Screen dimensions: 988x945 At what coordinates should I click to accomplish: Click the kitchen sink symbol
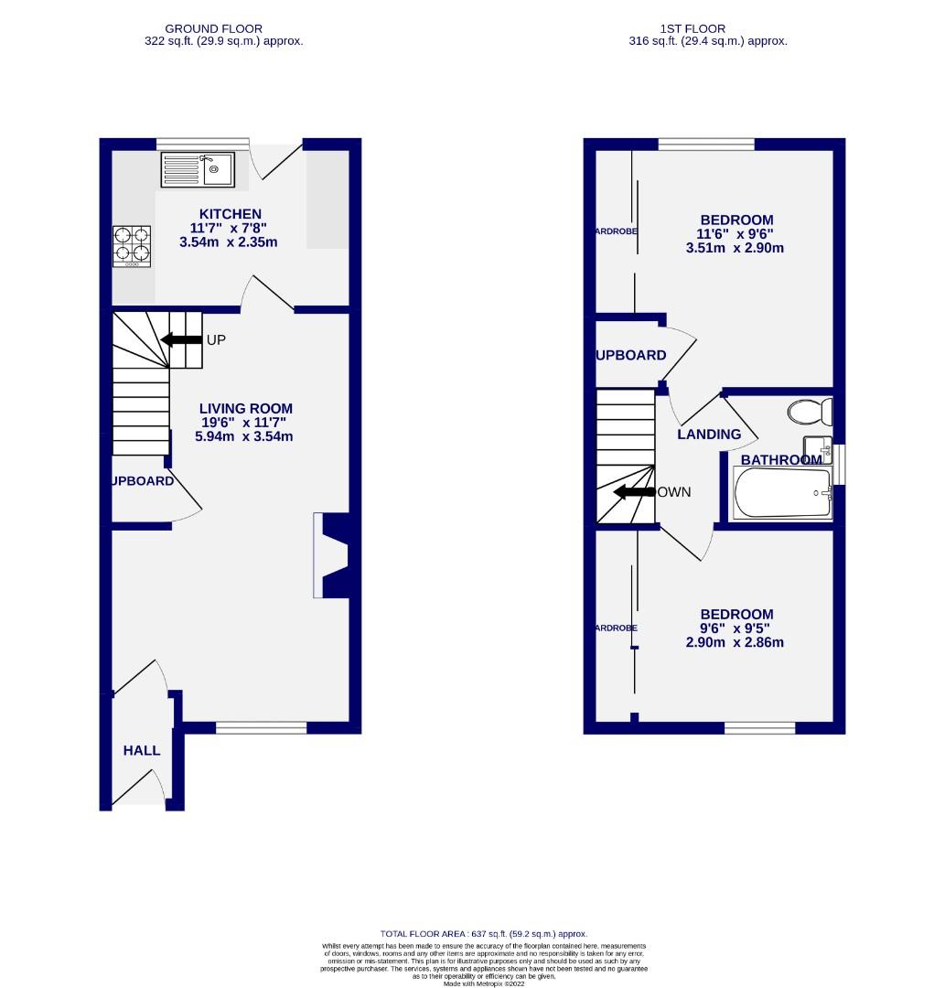pos(198,169)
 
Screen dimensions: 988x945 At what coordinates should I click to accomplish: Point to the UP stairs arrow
pos(181,340)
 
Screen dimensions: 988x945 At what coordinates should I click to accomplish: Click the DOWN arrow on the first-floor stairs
pos(633,492)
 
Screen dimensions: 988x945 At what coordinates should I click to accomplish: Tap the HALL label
pos(142,750)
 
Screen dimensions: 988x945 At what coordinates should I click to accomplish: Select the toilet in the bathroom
pos(809,412)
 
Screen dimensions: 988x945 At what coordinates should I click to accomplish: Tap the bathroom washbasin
pos(816,449)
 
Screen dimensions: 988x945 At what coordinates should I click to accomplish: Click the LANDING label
pos(709,435)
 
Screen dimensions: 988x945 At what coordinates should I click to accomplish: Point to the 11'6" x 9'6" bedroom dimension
pos(736,234)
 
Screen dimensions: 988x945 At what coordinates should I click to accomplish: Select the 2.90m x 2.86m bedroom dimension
pos(735,642)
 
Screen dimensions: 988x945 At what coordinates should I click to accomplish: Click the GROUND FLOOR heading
pos(223,28)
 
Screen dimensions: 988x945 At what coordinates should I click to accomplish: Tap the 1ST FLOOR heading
pos(707,28)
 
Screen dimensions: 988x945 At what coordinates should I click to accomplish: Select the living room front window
pos(261,727)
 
